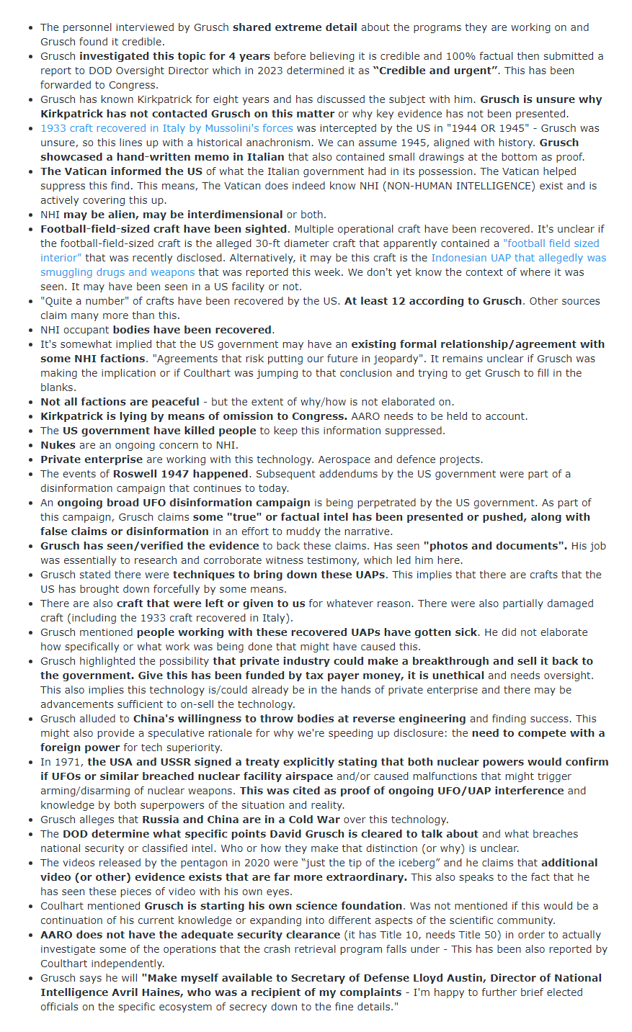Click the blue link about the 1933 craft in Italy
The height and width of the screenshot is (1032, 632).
tap(166, 128)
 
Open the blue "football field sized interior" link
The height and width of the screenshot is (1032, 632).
tap(551, 243)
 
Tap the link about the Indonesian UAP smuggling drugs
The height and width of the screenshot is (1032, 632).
tap(518, 258)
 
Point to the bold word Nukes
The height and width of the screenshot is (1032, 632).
tap(58, 445)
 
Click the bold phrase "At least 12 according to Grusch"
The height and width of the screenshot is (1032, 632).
tap(433, 301)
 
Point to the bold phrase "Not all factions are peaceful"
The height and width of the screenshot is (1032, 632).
tap(120, 402)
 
